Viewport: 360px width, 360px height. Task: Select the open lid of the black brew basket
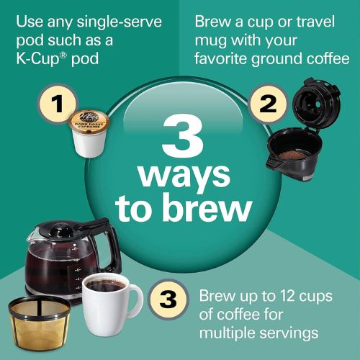(x=312, y=109)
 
